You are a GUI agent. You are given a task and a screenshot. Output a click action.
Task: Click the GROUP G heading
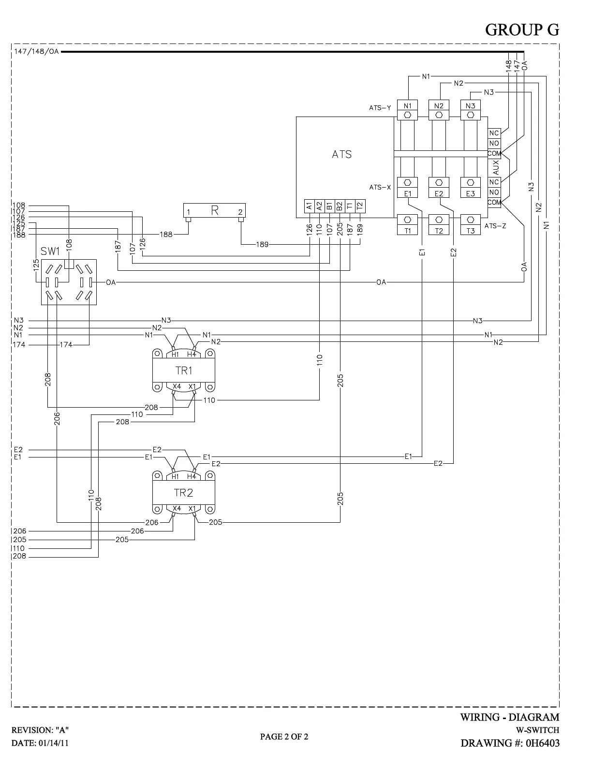pos(522,30)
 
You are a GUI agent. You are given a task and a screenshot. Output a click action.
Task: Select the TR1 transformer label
pos(184,370)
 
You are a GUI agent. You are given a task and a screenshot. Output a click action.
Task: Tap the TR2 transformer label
pos(184,493)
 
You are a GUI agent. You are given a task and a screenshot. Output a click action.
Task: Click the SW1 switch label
pos(50,251)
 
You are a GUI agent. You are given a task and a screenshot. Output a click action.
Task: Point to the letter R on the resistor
pos(215,210)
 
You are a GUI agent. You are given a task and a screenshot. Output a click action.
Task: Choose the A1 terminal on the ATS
pos(310,206)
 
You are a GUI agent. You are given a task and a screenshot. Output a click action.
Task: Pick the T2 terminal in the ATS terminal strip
pos(359,206)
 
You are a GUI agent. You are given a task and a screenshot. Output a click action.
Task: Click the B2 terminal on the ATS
pos(340,206)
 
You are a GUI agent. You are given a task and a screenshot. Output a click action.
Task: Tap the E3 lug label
pos(471,193)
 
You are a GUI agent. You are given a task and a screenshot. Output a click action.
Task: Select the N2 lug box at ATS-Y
pos(439,106)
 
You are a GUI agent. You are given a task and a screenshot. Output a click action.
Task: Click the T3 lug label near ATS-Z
pos(471,231)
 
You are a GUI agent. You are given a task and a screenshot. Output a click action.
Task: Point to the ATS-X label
pos(380,187)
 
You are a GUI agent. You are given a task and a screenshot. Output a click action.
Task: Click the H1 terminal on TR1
pos(175,354)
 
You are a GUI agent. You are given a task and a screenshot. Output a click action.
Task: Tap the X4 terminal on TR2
pos(177,509)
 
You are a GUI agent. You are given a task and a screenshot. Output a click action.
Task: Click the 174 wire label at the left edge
pos(19,345)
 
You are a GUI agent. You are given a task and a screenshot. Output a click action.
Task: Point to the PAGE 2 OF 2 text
pos(284,737)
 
